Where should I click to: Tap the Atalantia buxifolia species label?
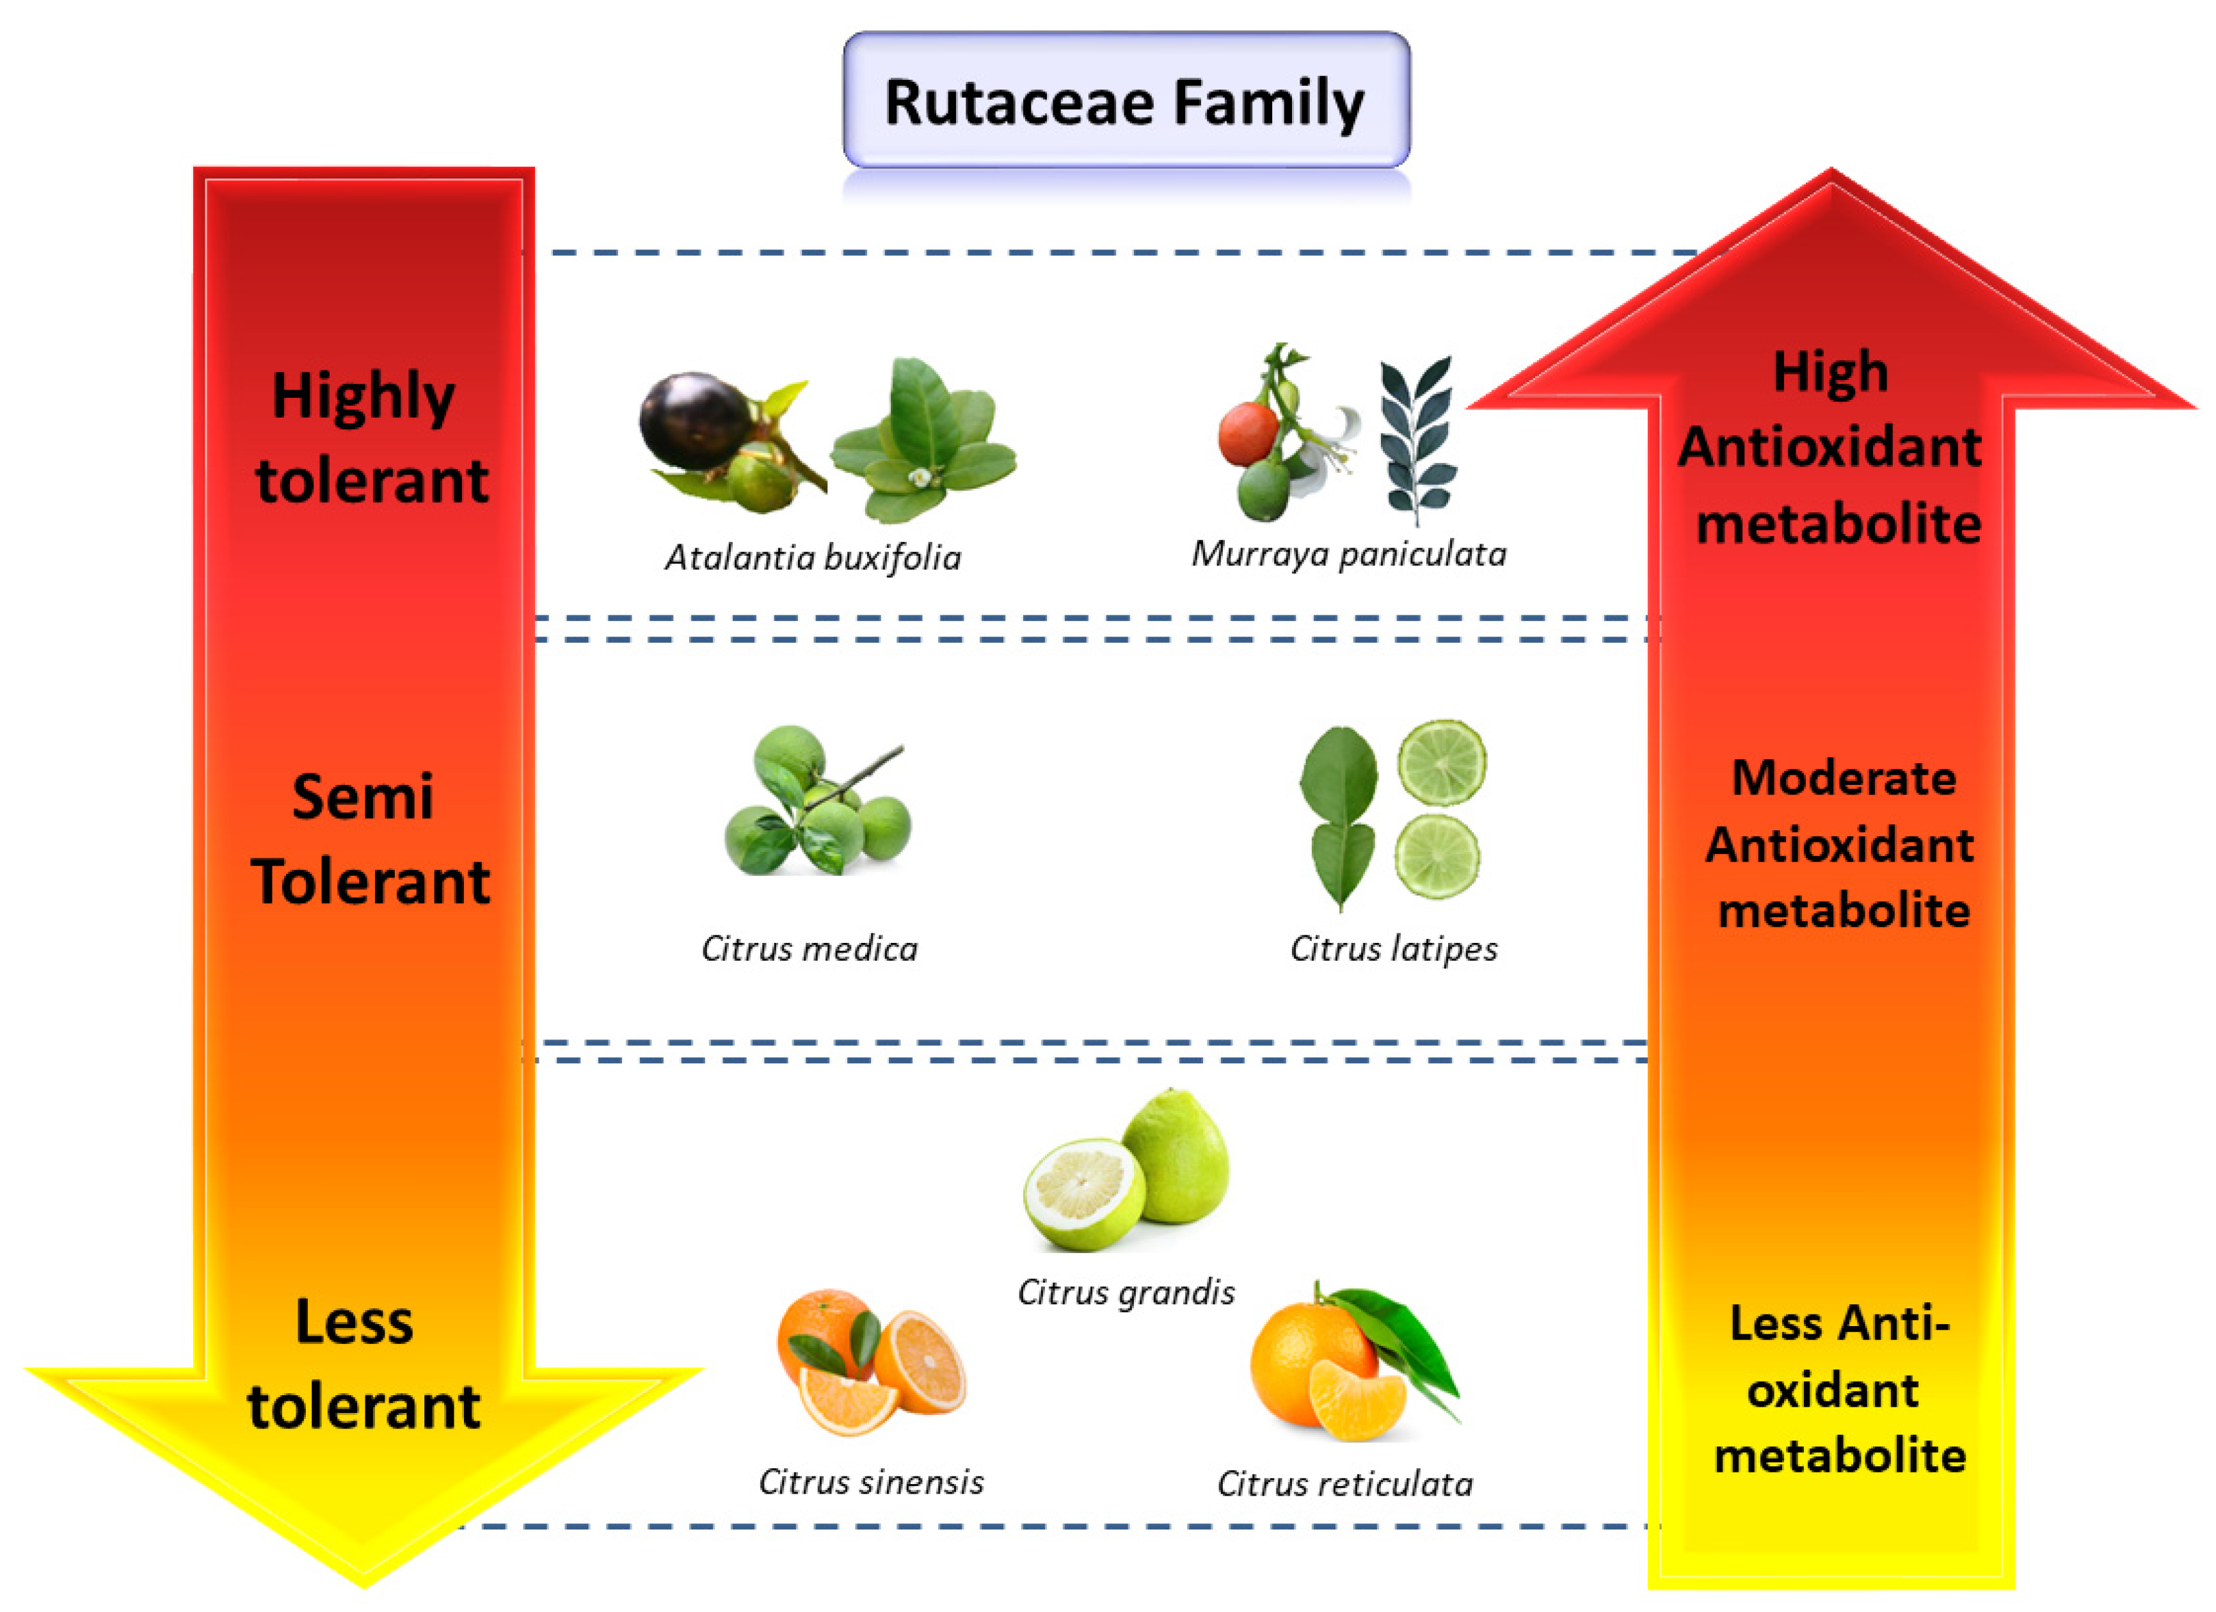pyautogui.click(x=813, y=558)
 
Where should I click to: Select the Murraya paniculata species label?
pyautogui.click(x=1348, y=554)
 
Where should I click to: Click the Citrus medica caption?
pyautogui.click(x=809, y=949)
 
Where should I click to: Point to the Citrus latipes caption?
pyautogui.click(x=1393, y=949)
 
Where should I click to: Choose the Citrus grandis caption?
pyautogui.click(x=1126, y=1293)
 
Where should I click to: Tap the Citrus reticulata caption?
pyautogui.click(x=1344, y=1484)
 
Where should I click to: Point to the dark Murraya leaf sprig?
pyautogui.click(x=1417, y=439)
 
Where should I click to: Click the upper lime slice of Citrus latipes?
pyautogui.click(x=1442, y=762)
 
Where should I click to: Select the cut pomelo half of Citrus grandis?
pyautogui.click(x=1083, y=1193)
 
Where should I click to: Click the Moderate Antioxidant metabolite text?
pyautogui.click(x=1841, y=844)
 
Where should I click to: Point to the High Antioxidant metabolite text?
pyautogui.click(x=1831, y=447)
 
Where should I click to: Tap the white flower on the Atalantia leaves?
pyautogui.click(x=918, y=478)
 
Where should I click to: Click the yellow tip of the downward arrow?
pyautogui.click(x=363, y=1563)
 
